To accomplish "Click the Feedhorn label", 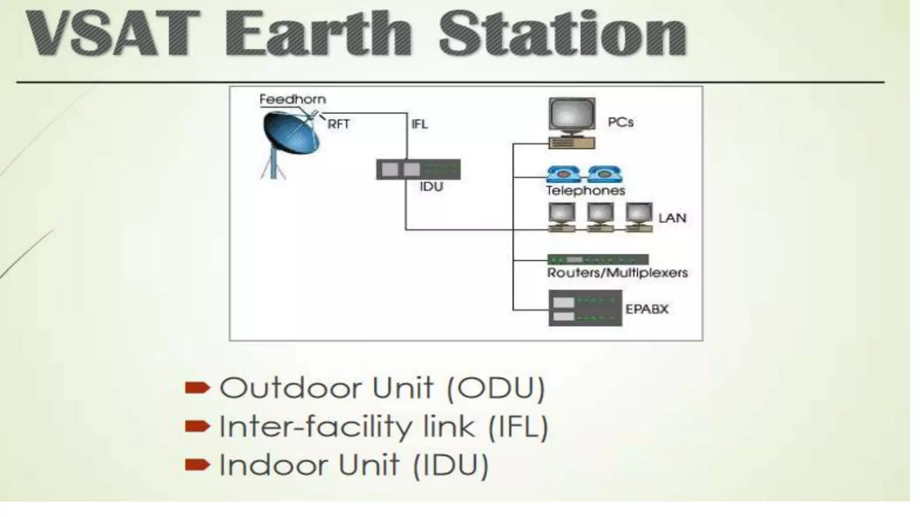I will (x=292, y=99).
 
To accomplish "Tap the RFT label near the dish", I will (x=338, y=124).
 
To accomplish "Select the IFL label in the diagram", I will (x=419, y=124).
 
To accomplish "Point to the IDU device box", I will (x=418, y=169).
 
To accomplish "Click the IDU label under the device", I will (x=431, y=187).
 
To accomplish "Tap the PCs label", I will (x=620, y=122).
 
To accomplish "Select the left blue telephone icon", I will (x=563, y=174).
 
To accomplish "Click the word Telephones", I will (x=585, y=191).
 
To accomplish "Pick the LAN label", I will (x=672, y=218).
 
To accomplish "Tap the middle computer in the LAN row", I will (x=601, y=217).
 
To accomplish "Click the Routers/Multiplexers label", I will (x=617, y=272).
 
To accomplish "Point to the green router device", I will (x=597, y=259).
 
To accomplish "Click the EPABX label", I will (x=647, y=309).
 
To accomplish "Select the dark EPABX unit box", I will (x=585, y=308).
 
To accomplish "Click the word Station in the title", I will (x=562, y=34).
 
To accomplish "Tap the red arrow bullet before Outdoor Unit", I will (x=197, y=387).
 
